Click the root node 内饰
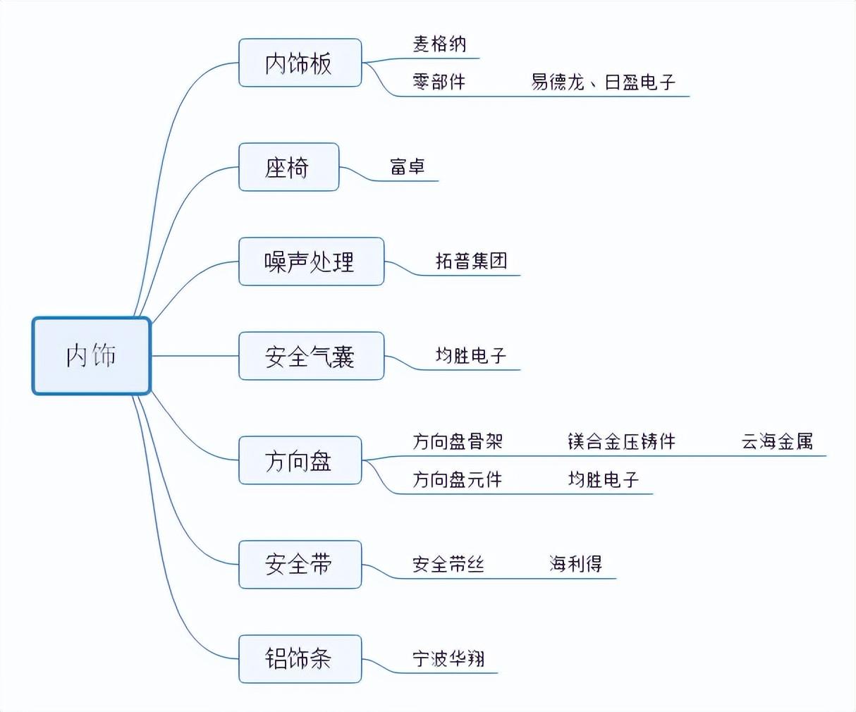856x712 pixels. coord(92,356)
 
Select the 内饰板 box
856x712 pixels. coord(300,63)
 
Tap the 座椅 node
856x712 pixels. coord(288,167)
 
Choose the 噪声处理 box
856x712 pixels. coord(311,262)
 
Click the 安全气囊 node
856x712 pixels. coord(311,356)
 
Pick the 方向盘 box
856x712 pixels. coord(300,460)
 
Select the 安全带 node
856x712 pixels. coord(300,565)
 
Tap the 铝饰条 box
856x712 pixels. coord(300,659)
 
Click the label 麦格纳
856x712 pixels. coord(439,44)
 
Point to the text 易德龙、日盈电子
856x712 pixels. coord(603,82)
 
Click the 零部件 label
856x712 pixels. coord(439,82)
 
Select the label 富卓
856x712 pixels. coord(407,167)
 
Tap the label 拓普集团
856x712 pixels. coord(472,261)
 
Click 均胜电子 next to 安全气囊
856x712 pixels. coord(471,356)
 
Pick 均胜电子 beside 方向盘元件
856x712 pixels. coord(604,479)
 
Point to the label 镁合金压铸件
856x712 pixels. coord(621,441)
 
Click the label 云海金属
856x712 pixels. coord(777,441)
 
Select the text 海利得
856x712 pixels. coord(576,564)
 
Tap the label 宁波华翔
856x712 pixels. coord(448,658)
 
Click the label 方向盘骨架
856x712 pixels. coord(458,441)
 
